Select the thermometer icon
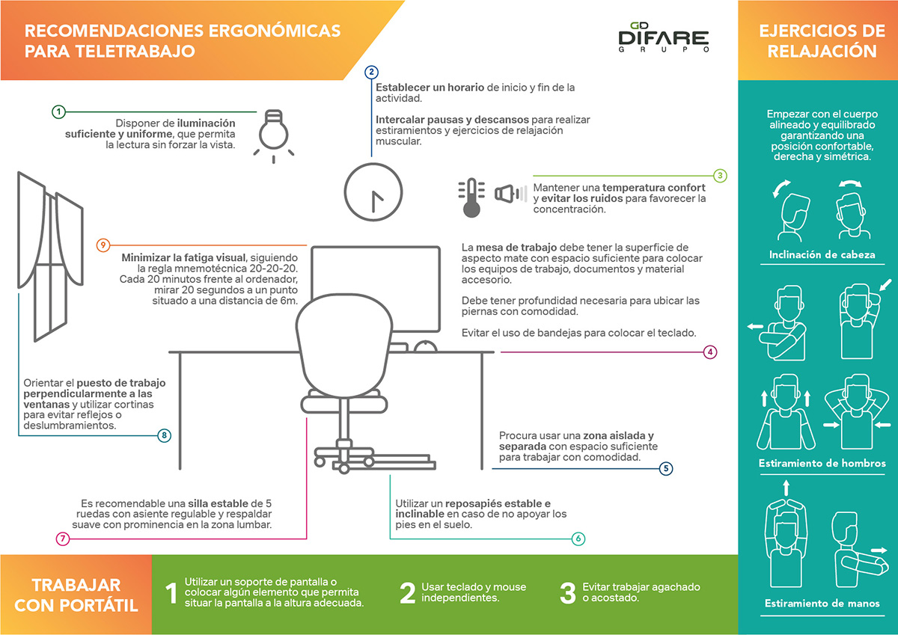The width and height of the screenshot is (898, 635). [471, 197]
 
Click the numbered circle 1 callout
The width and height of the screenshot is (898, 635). [59, 111]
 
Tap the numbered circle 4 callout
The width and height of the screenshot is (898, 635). [711, 352]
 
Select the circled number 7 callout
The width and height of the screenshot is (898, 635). [63, 539]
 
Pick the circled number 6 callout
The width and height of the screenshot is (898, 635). [578, 539]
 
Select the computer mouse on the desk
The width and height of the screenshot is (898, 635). [425, 346]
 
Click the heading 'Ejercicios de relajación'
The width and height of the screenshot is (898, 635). [817, 41]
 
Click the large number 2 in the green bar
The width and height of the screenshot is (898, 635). [408, 592]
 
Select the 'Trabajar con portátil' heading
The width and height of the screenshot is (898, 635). [76, 595]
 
